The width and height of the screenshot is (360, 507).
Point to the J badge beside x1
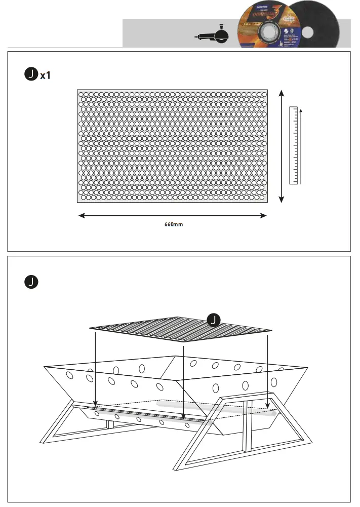point(31,75)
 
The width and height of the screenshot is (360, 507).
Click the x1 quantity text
point(45,75)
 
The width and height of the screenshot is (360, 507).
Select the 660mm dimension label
point(173,224)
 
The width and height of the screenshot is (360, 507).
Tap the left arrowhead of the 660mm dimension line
point(81,216)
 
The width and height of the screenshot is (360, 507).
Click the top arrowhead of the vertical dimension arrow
point(282,93)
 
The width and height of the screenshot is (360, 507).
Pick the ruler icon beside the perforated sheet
point(293,145)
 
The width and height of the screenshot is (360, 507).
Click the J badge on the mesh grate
point(214,320)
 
